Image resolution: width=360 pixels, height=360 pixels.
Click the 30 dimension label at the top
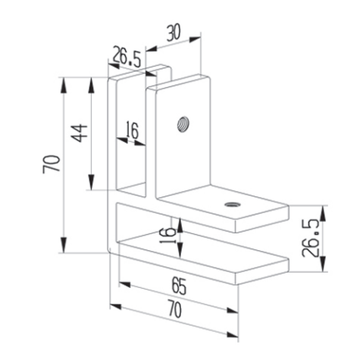pyautogui.click(x=174, y=33)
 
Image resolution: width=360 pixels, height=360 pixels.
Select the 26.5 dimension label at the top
pyautogui.click(x=127, y=57)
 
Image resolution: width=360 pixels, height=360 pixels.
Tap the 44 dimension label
pyautogui.click(x=80, y=133)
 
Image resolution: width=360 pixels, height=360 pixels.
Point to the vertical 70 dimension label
pyautogui.click(x=52, y=164)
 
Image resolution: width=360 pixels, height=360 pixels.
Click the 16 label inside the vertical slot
pyautogui.click(x=132, y=130)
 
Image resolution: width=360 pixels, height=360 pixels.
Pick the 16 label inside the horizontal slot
pyautogui.click(x=167, y=236)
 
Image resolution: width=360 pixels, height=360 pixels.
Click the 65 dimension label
pyautogui.click(x=179, y=286)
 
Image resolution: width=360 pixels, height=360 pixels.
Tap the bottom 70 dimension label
pyautogui.click(x=175, y=310)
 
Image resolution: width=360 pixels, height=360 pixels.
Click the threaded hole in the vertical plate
pyautogui.click(x=183, y=124)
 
